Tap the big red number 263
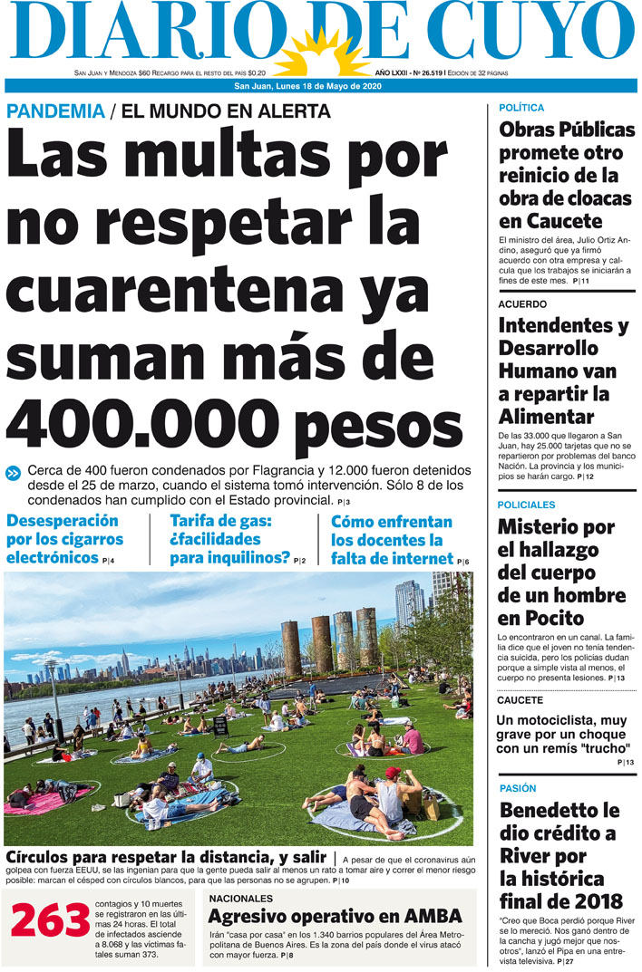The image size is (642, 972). point(50,921)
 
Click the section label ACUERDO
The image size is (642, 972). point(522,304)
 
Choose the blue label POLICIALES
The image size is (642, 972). point(527,505)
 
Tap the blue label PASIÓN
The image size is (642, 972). point(518,788)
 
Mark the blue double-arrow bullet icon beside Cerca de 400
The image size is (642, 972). point(14,472)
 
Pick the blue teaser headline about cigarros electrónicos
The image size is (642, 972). point(63,540)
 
